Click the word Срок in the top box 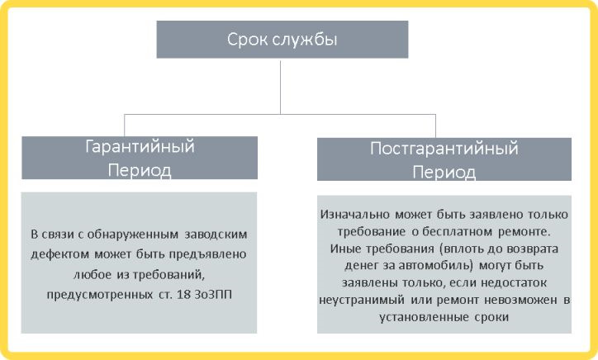[x=245, y=39]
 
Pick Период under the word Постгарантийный [x=444, y=173]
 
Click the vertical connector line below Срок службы [x=281, y=83]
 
